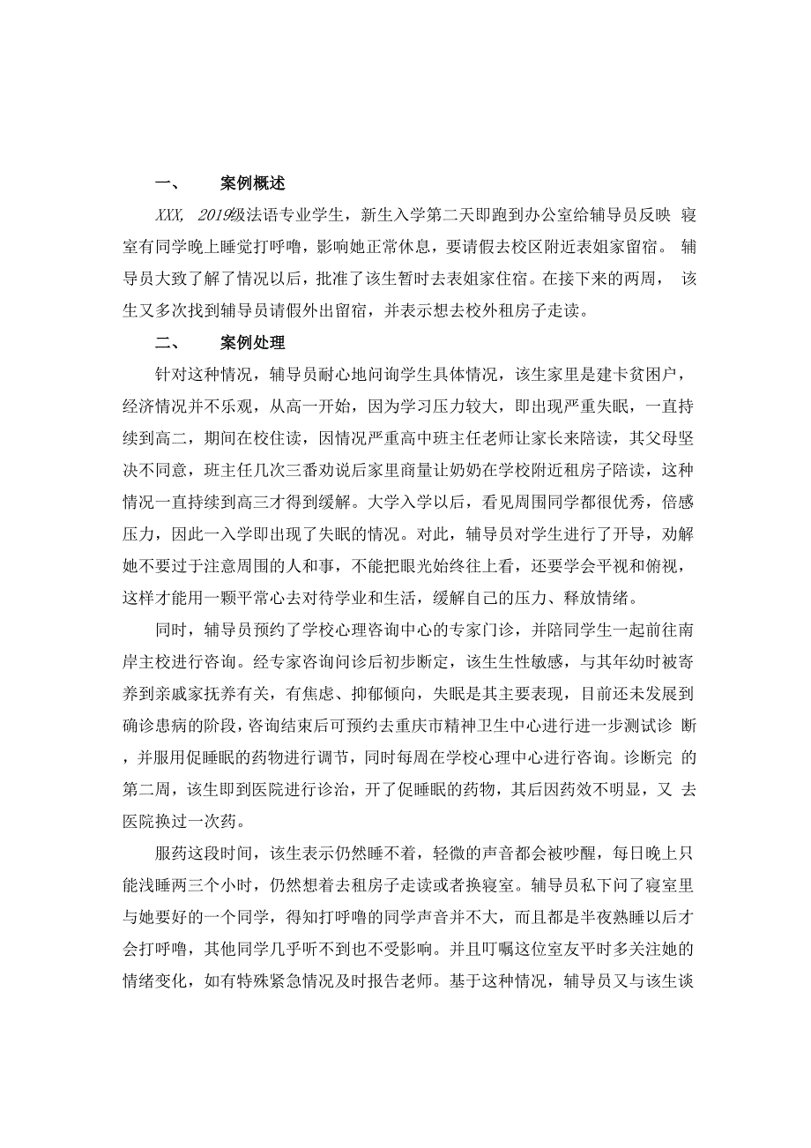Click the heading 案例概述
(x=252, y=184)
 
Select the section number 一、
(x=167, y=184)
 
